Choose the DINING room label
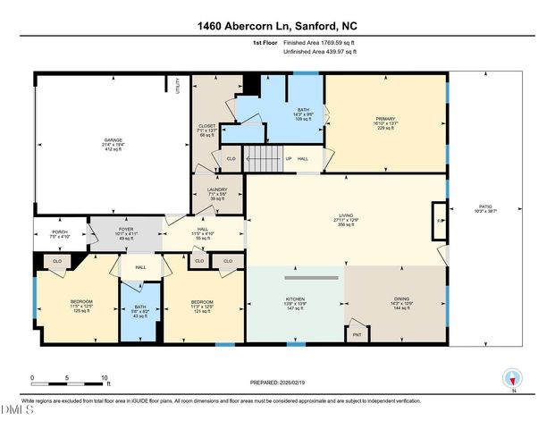(x=400, y=304)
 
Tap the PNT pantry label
(x=357, y=334)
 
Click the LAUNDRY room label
(x=218, y=193)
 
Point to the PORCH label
(x=60, y=234)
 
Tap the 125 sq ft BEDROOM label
(x=75, y=307)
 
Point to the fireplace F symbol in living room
(x=438, y=219)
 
